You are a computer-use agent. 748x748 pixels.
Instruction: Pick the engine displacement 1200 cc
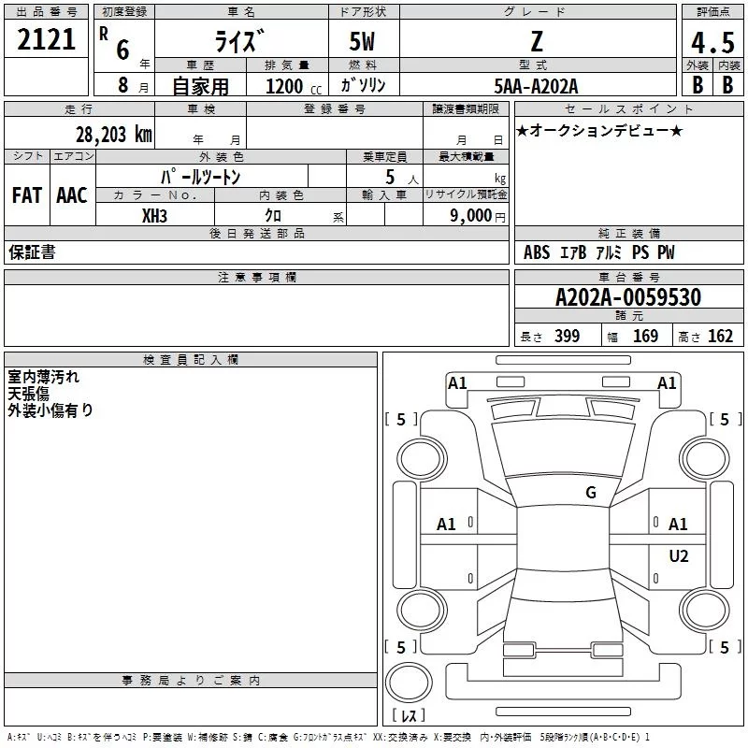285,86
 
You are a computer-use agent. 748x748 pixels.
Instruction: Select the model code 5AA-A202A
536,86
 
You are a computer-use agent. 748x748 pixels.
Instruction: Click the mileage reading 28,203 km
114,134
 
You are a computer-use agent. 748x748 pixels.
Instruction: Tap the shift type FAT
26,195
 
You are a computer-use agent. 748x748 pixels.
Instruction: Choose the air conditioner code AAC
72,195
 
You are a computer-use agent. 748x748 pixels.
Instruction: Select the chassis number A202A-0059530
627,297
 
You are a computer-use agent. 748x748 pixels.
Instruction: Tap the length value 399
567,337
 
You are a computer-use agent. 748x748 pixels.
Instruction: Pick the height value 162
720,337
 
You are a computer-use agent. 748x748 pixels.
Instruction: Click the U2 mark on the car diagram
678,556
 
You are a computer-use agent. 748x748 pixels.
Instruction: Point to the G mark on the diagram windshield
590,493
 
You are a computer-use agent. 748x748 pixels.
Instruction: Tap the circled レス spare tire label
409,716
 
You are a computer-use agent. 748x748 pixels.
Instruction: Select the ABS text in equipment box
537,252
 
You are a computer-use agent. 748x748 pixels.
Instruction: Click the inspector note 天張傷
31,394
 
